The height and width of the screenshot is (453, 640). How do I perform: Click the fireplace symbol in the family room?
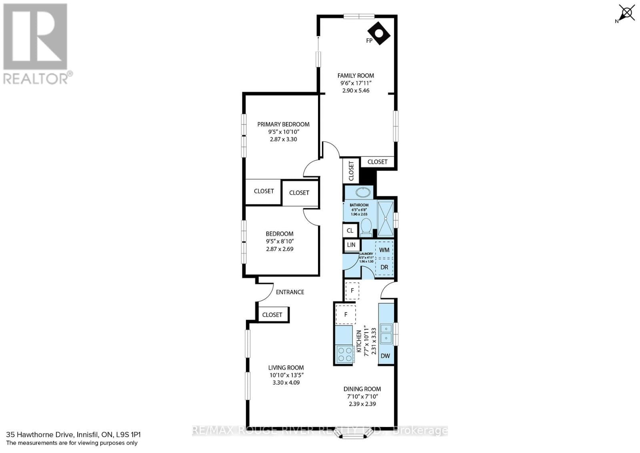click(x=379, y=34)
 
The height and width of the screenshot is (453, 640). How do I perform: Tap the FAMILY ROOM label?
click(x=356, y=75)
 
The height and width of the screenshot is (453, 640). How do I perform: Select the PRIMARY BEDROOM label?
click(x=283, y=124)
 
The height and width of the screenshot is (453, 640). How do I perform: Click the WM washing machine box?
click(x=384, y=250)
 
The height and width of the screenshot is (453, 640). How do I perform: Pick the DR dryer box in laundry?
click(x=384, y=267)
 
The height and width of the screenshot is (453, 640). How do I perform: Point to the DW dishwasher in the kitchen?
click(x=385, y=356)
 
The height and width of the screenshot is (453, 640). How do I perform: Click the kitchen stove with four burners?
click(x=345, y=354)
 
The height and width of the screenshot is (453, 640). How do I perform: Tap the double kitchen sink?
click(x=386, y=333)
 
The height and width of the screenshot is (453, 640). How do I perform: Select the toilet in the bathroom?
click(x=366, y=226)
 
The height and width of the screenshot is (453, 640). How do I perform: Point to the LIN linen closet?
click(x=351, y=245)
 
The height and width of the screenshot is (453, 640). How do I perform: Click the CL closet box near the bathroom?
click(x=350, y=231)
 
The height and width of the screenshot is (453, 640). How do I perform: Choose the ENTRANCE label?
click(x=290, y=292)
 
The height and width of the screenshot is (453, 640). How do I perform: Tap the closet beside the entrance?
click(x=272, y=315)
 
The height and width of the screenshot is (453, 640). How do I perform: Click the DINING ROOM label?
click(x=362, y=389)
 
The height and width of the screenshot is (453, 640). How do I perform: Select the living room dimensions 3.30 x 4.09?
click(x=286, y=382)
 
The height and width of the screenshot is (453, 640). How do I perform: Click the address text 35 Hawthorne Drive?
click(x=40, y=435)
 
